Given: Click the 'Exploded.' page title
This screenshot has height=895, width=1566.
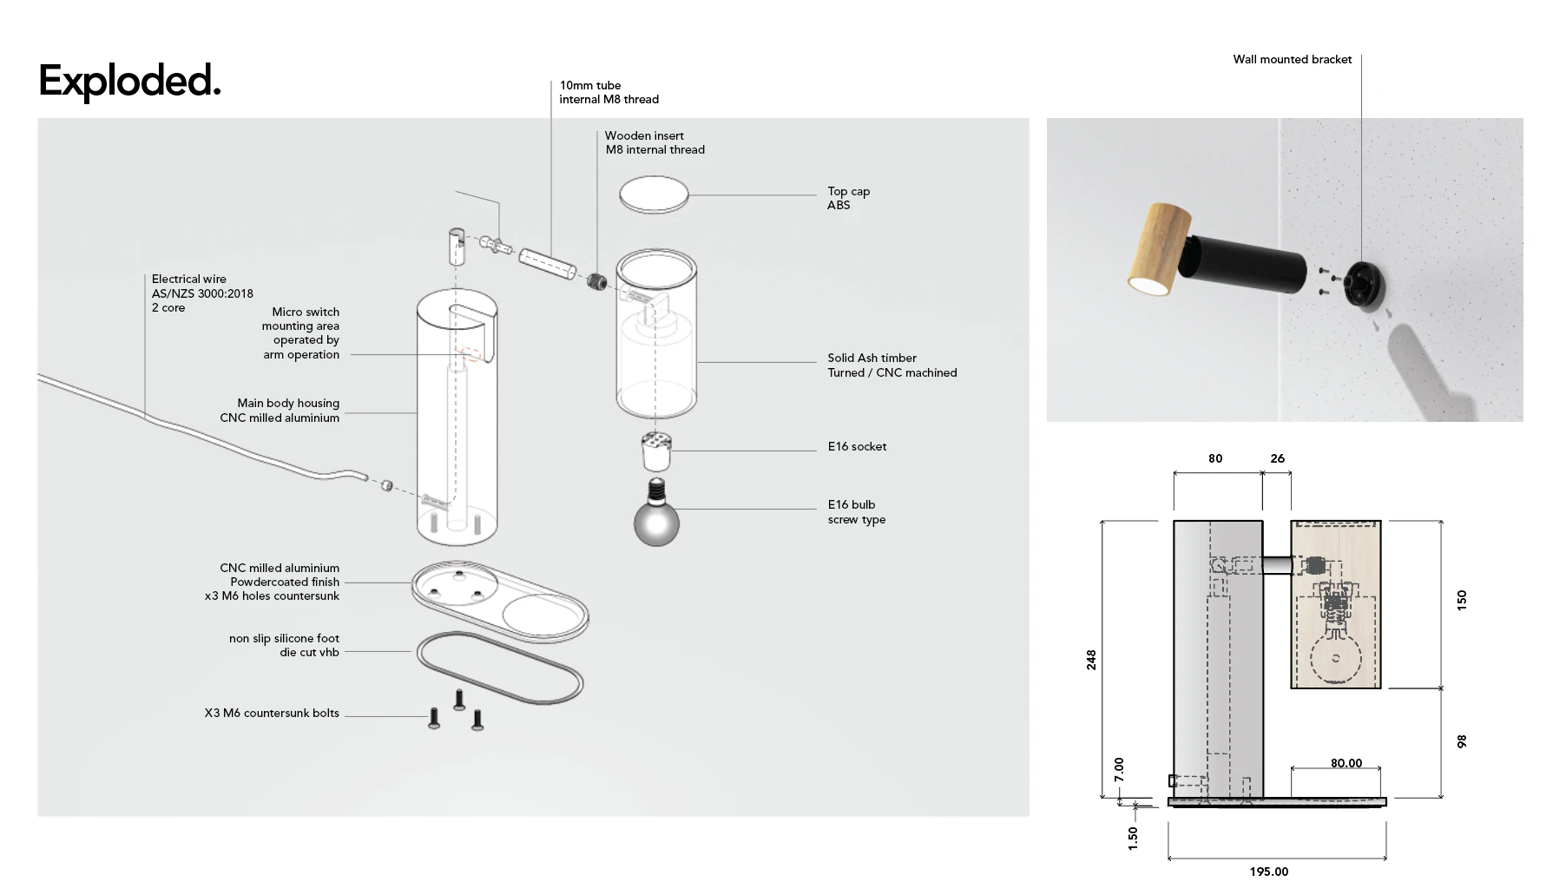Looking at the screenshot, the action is (x=129, y=81).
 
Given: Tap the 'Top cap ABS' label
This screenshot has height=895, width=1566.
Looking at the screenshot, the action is (x=848, y=198).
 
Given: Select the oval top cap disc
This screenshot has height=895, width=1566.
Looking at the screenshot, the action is (x=654, y=194).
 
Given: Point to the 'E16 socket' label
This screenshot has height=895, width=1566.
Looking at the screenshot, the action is (x=857, y=447).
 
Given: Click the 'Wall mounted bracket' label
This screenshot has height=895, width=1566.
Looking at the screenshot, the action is (x=1293, y=60).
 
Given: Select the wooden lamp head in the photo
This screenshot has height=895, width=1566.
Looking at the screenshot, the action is (x=1158, y=247).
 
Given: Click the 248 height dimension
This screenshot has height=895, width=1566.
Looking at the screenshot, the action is (x=1091, y=660).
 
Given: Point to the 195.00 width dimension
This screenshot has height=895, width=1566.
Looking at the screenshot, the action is (x=1269, y=872).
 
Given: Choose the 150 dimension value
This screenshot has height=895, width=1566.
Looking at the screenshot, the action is (x=1462, y=600).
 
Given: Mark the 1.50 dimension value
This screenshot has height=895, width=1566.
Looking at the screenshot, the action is (x=1133, y=839).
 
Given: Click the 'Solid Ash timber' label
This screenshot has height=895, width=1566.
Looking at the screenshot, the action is (x=872, y=358).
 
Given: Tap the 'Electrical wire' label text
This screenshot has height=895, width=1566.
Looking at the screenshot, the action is (x=188, y=280).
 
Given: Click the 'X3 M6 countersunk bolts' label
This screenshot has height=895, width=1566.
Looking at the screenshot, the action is (x=272, y=714).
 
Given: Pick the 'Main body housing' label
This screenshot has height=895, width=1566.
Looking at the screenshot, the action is (x=288, y=404).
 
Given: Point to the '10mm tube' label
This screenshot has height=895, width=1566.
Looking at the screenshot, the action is (x=590, y=86).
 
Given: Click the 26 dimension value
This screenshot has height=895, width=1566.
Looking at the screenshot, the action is (x=1278, y=459).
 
